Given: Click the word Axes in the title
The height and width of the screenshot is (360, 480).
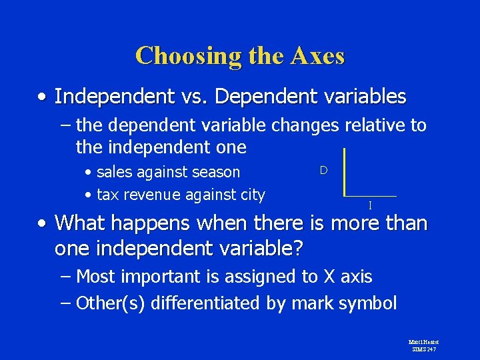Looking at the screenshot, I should pyautogui.click(x=317, y=55).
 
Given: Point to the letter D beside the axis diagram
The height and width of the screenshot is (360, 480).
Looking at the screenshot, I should pyautogui.click(x=323, y=170).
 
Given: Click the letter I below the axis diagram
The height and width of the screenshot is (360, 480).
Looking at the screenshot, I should pyautogui.click(x=371, y=205).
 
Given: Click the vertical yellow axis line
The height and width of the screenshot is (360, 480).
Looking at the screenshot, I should pyautogui.click(x=345, y=172).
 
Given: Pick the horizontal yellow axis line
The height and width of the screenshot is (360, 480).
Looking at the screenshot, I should pyautogui.click(x=371, y=196).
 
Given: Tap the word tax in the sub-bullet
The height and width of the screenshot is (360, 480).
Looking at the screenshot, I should pyautogui.click(x=107, y=195).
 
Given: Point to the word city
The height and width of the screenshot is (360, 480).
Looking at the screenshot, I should pyautogui.click(x=251, y=195).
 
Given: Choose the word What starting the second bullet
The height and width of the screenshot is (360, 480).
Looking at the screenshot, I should pyautogui.click(x=80, y=223).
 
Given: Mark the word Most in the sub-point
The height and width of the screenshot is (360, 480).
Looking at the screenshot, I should pyautogui.click(x=97, y=276).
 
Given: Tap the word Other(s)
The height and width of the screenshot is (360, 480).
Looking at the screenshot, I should pyautogui.click(x=111, y=303).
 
